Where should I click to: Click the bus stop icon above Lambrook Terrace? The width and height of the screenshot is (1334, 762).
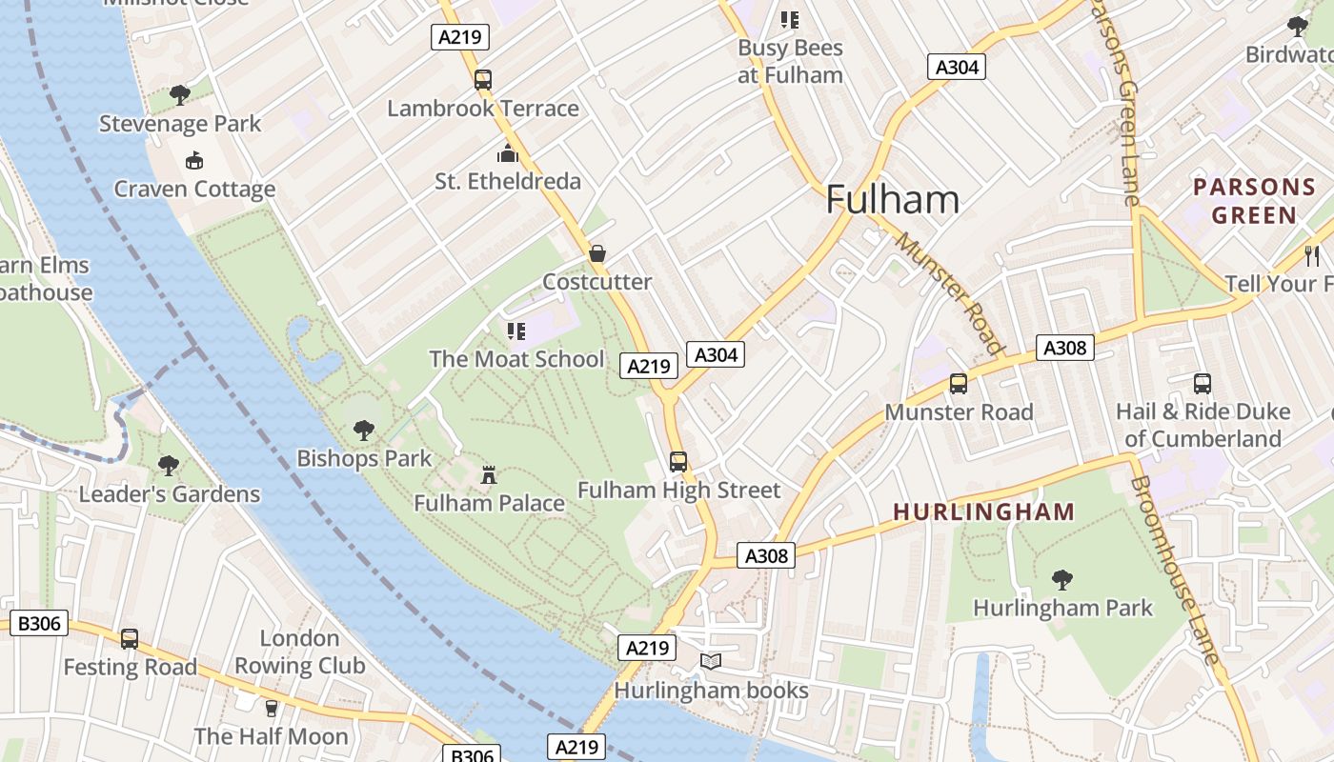(x=483, y=80)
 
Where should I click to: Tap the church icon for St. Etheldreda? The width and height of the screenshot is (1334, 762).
(x=508, y=153)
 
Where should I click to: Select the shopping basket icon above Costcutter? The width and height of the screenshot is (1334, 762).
(x=597, y=253)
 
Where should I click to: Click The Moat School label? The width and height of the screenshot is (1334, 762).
(x=516, y=359)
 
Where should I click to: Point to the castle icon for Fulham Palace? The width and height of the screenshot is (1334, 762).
(x=489, y=474)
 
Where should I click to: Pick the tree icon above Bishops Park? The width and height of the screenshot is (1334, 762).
(x=364, y=431)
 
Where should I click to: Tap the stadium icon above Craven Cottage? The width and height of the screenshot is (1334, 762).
(x=194, y=160)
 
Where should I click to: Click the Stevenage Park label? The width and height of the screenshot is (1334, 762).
(x=180, y=124)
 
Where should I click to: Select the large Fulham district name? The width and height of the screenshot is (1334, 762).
(x=892, y=200)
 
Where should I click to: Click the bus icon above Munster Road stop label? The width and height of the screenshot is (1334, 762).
(x=959, y=384)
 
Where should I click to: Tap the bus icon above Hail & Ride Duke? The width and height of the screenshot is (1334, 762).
(x=1203, y=384)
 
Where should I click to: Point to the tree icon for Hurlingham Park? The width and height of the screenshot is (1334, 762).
(x=1062, y=579)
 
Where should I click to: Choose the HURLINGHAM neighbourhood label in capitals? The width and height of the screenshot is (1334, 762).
(x=983, y=512)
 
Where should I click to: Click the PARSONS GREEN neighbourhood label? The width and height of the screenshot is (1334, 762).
(x=1253, y=201)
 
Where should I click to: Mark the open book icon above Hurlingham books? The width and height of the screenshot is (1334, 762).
(x=711, y=661)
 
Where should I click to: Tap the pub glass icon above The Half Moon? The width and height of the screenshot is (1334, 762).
(x=272, y=708)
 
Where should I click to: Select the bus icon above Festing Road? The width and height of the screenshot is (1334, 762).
(x=130, y=638)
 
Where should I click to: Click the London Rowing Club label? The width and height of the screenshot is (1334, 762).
(x=300, y=652)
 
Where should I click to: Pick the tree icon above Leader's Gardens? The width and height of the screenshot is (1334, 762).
(x=169, y=466)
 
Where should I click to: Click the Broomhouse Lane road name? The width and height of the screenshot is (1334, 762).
(x=1174, y=570)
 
